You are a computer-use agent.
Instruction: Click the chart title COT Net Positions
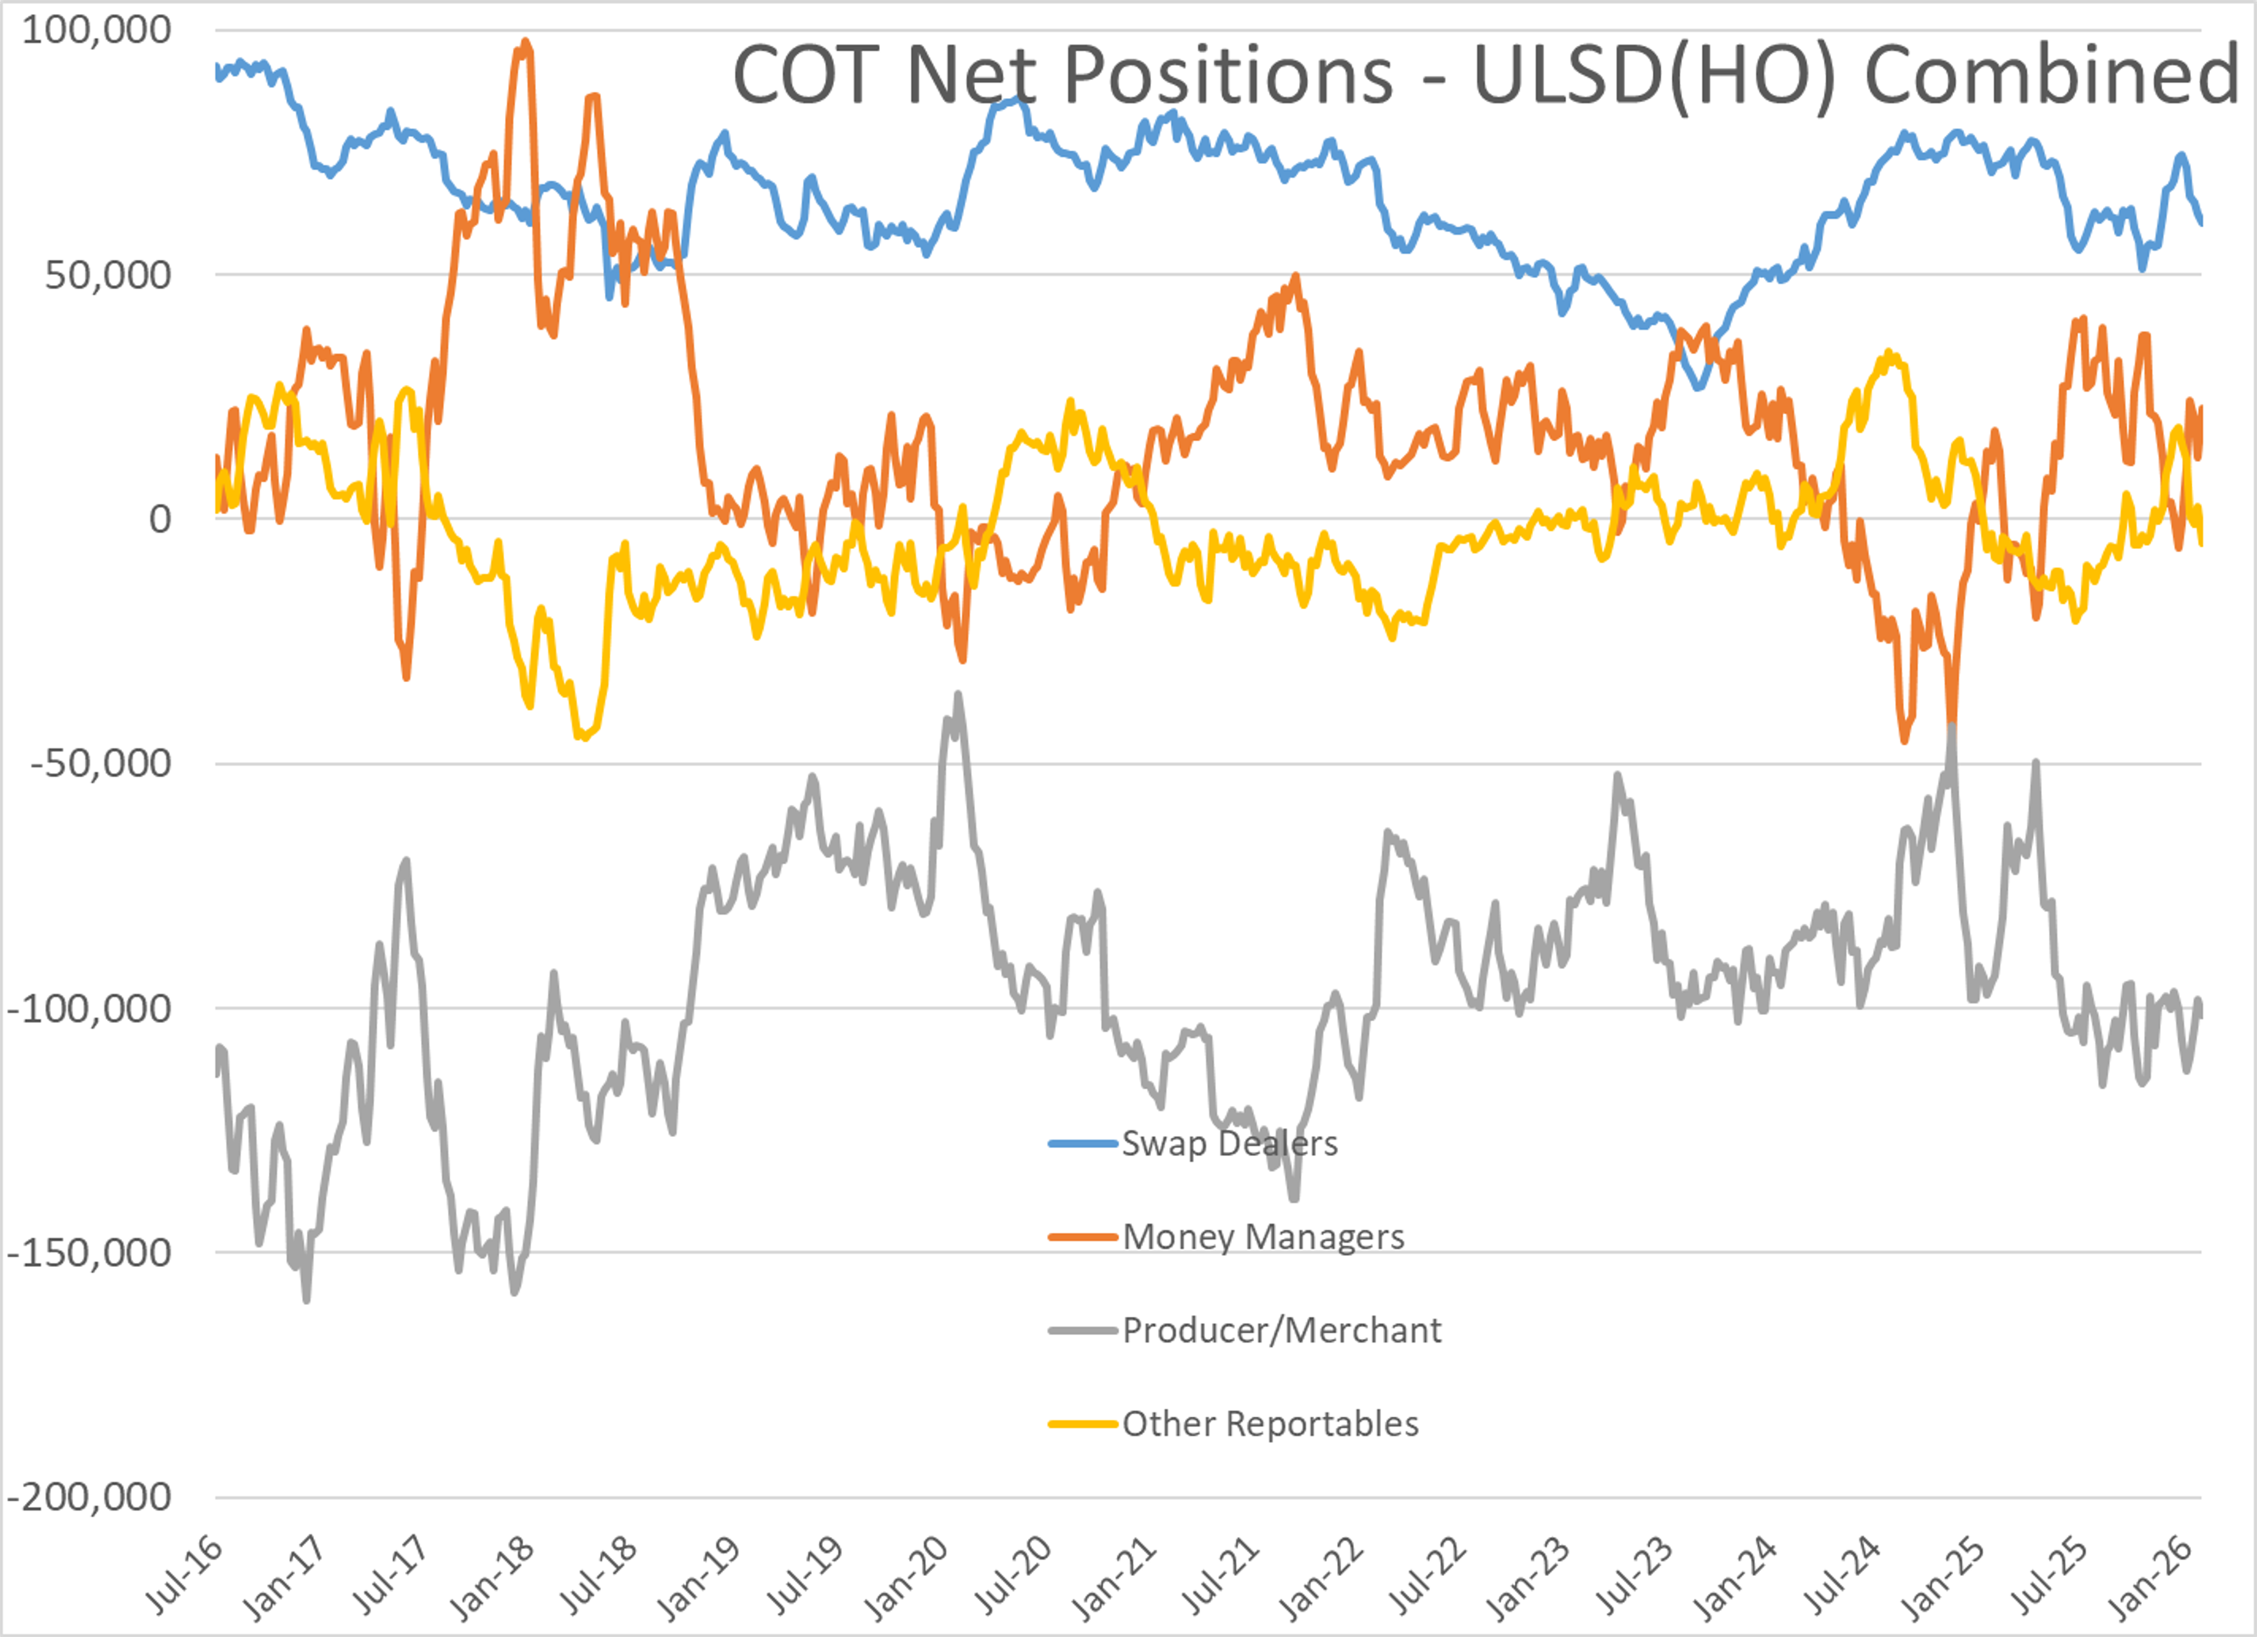[1063, 75]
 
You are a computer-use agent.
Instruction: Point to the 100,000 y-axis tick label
[96, 30]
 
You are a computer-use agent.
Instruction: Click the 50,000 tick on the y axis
[108, 274]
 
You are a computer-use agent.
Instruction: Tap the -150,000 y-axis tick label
[89, 1253]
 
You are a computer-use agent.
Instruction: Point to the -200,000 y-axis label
[89, 1497]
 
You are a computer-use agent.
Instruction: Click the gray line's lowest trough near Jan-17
[306, 1299]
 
